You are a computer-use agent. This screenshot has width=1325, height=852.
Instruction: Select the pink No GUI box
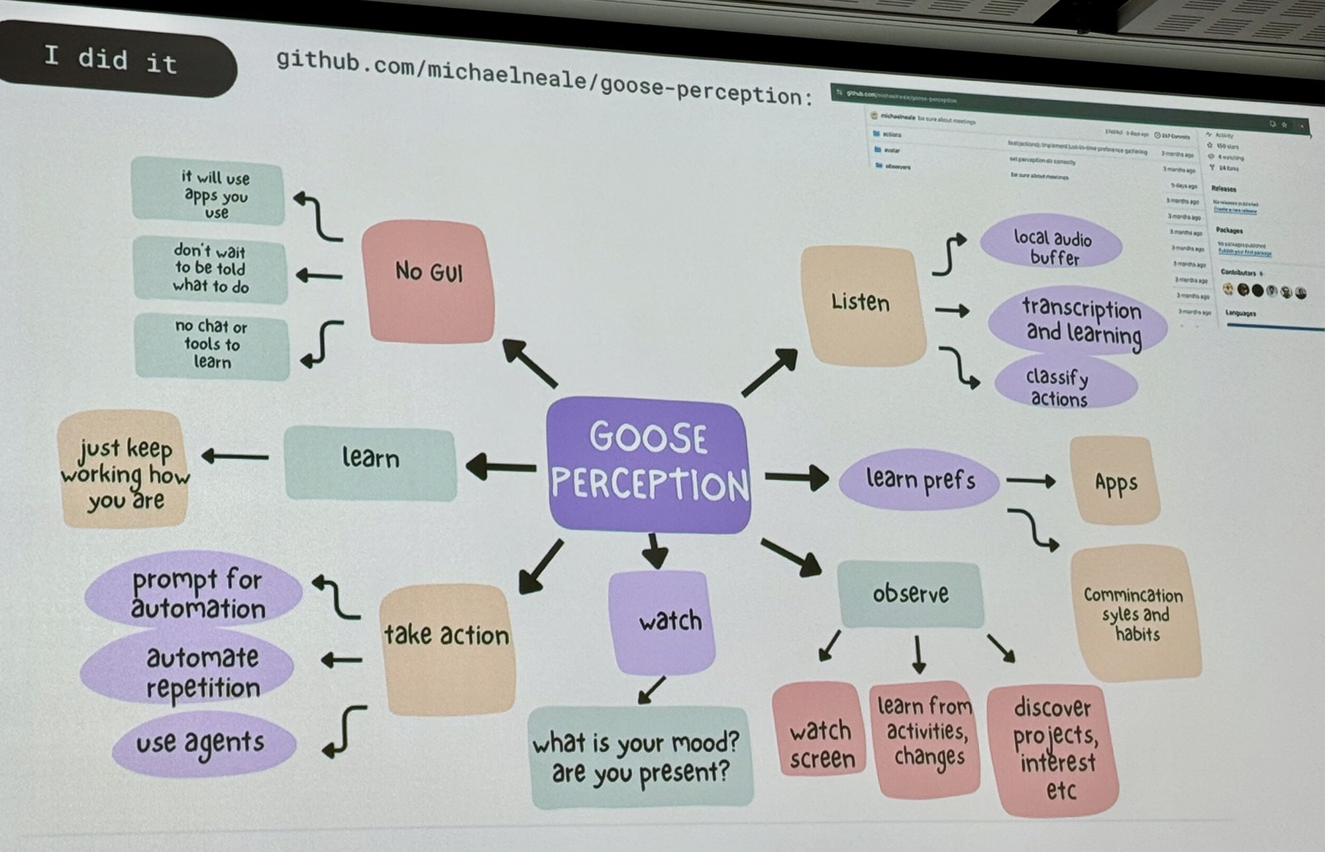pos(428,282)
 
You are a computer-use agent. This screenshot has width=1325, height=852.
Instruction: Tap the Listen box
pos(862,305)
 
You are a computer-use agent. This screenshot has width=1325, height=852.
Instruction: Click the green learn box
pos(370,462)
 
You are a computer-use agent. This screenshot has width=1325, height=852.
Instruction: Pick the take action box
pos(447,648)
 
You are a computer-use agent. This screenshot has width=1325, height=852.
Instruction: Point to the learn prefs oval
pos(920,480)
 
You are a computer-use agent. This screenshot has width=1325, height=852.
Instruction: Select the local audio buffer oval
pos(1052,245)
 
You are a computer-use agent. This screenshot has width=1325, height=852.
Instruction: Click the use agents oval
pos(202,744)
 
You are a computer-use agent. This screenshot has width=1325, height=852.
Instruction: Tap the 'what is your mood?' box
pos(640,757)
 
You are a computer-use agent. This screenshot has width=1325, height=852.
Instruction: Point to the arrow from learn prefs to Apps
pos(1030,481)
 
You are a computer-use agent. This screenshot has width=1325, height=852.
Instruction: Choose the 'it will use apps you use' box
pos(209,193)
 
